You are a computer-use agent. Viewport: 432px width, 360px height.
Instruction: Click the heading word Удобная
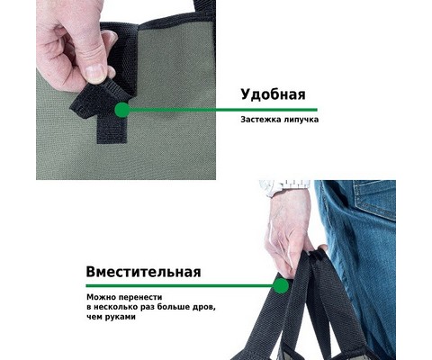click(273, 94)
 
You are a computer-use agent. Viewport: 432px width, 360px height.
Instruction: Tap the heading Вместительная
click(143, 272)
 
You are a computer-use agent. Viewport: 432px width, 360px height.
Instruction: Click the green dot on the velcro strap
click(122, 110)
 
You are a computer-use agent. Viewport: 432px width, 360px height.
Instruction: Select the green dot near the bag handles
click(281, 285)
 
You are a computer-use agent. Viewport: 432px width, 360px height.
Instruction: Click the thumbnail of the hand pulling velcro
click(126, 90)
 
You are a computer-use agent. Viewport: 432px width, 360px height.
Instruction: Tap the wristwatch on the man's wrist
click(285, 186)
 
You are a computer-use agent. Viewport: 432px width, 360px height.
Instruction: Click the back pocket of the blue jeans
click(374, 199)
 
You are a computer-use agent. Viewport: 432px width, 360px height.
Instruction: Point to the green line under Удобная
click(223, 110)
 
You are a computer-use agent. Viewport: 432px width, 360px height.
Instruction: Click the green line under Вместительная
click(179, 285)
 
